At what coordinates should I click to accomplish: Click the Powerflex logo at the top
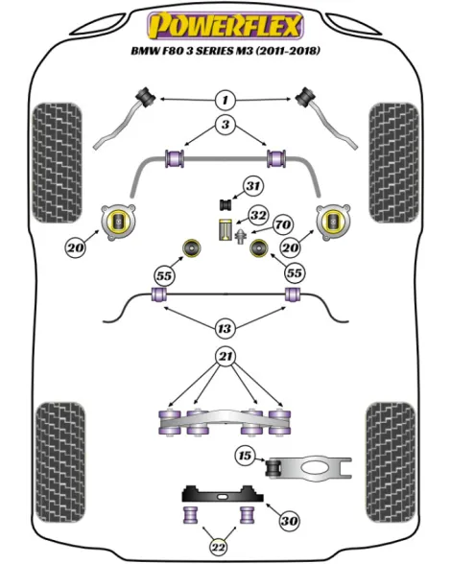(x=225, y=26)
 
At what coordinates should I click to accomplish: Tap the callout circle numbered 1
(x=225, y=100)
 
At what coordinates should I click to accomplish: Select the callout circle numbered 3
(x=225, y=125)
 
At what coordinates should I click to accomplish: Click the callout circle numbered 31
(x=253, y=186)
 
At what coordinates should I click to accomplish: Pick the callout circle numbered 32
(x=259, y=215)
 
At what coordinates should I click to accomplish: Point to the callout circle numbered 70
(x=283, y=224)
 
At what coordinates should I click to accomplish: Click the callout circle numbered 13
(x=225, y=328)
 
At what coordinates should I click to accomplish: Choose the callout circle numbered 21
(x=225, y=357)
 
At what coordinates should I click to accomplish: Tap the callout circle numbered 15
(x=245, y=456)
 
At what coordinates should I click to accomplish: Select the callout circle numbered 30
(x=290, y=521)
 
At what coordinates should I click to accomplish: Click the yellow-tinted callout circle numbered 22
(x=219, y=547)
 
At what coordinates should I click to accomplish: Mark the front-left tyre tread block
(x=57, y=163)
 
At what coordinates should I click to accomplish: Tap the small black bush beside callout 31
(x=226, y=204)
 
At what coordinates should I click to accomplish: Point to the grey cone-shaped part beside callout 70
(x=241, y=236)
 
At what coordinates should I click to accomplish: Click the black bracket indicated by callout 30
(x=223, y=493)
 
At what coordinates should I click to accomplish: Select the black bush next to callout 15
(x=273, y=467)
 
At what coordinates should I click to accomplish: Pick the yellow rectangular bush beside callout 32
(x=225, y=229)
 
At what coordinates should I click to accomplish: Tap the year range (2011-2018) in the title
(x=288, y=51)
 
